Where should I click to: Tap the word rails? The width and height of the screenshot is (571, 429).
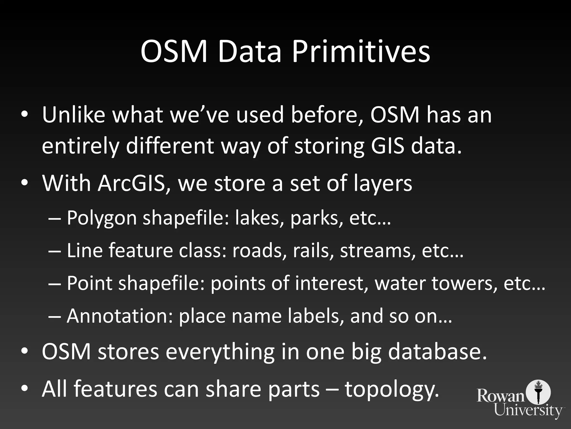(313, 251)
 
